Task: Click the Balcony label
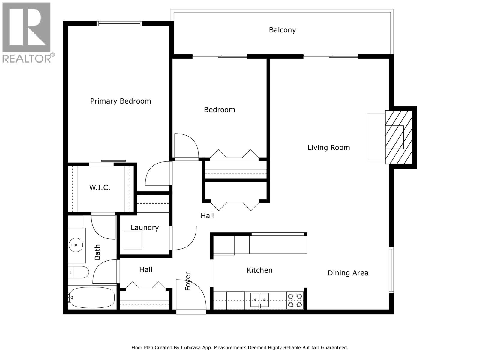pos(282,30)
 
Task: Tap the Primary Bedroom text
pos(121,101)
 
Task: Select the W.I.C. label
pos(100,188)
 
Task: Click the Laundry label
pos(145,228)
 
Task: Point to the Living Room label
pos(329,148)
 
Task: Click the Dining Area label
pos(348,273)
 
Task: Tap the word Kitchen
pos(259,270)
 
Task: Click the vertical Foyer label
pos(188,281)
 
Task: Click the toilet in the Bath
pos(79,272)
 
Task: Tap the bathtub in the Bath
pos(91,297)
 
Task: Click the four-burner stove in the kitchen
pos(295,301)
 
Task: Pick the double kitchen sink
pos(259,300)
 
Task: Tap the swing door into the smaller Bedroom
pos(186,146)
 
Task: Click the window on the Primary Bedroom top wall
pos(119,24)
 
